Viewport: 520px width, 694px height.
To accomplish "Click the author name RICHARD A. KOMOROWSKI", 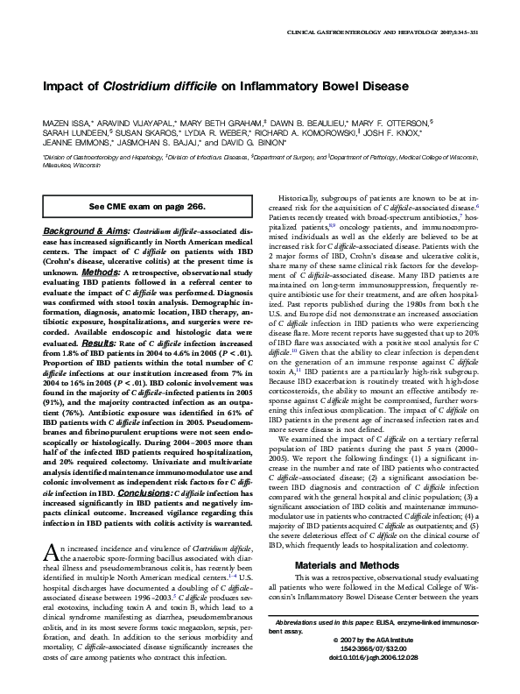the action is click(295, 132).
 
